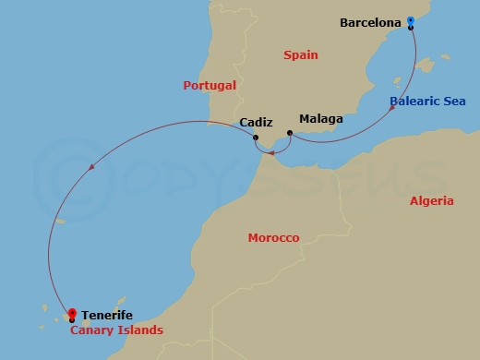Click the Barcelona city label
point(371,21)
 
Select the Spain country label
point(300,55)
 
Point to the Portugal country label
point(210,85)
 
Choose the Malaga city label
point(321,119)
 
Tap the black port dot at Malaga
point(289,133)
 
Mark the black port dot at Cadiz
point(255,138)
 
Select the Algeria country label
point(431,200)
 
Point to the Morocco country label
point(273,238)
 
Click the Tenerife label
point(106,315)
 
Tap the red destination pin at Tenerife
point(72,313)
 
